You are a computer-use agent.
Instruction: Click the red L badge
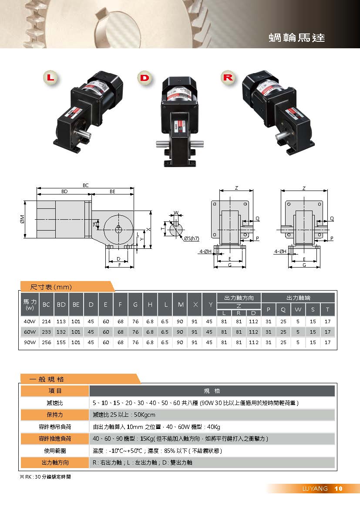50,77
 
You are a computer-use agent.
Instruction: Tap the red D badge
145,77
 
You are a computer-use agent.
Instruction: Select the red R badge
228,77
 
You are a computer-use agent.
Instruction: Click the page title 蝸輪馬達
296,38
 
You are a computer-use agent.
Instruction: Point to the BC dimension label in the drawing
85,185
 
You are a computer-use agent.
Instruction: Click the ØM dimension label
22,219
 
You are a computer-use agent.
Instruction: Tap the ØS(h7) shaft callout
192,238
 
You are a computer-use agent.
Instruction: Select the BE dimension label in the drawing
112,191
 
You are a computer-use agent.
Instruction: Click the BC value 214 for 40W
46,321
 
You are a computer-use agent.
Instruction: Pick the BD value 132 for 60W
61,332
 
